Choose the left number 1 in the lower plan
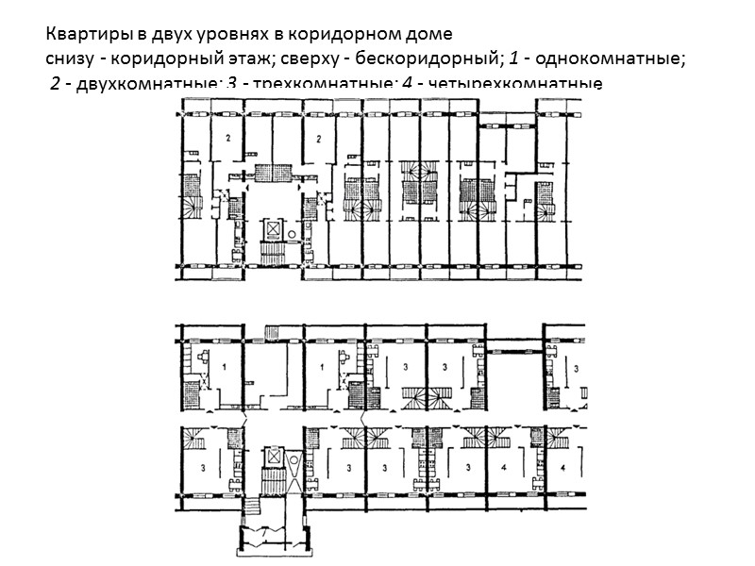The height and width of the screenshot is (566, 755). point(226,363)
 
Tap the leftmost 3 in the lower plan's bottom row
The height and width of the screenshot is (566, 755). point(204,466)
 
